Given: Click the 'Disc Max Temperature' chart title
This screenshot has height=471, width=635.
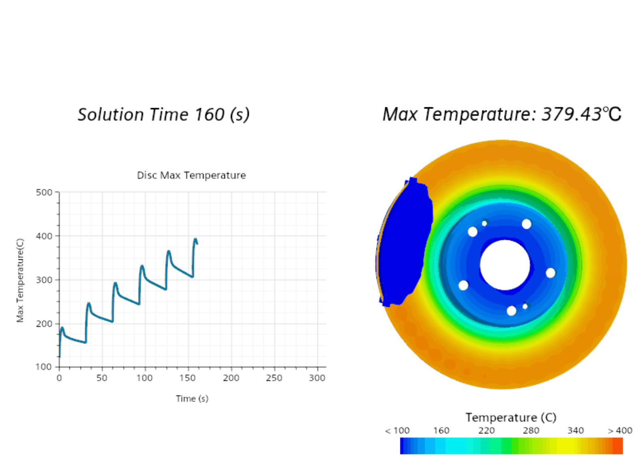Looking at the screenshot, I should (x=191, y=175).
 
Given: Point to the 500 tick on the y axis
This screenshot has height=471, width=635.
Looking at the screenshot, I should (x=44, y=192).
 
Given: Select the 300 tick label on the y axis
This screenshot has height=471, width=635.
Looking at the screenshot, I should (x=44, y=280).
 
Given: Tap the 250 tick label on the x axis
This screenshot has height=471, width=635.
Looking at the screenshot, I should (x=274, y=378).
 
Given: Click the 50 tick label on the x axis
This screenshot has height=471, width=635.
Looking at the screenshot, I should (x=102, y=378).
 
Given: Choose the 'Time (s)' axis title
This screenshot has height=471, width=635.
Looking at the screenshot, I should (x=192, y=399).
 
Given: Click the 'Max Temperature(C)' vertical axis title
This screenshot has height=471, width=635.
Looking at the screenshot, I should (x=20, y=280).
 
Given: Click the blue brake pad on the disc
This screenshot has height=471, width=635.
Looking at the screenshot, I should (x=404, y=244).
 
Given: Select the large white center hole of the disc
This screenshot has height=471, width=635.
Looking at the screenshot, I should (x=505, y=265).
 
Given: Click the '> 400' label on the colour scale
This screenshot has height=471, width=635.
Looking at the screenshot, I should (x=620, y=430).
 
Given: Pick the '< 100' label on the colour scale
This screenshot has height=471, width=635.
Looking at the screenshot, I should (x=397, y=430).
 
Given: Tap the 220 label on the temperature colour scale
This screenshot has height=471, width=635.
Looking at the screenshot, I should (x=486, y=430).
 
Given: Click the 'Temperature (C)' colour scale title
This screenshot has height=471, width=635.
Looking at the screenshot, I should (x=511, y=417).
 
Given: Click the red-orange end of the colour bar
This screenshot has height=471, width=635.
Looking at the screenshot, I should (x=618, y=446).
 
